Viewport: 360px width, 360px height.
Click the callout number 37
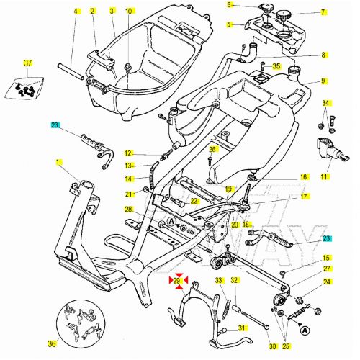[29, 63]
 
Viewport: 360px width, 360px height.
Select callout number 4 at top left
[75, 12]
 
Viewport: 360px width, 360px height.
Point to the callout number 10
[129, 12]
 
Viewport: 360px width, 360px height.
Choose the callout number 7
[323, 12]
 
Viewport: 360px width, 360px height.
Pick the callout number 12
[127, 153]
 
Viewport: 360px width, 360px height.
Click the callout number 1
[58, 163]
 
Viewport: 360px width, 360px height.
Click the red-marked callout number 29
[177, 280]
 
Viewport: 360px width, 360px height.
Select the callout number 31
[243, 328]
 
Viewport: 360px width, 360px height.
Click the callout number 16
[303, 176]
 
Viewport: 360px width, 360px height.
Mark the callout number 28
[128, 210]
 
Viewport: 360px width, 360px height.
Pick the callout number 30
[272, 345]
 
